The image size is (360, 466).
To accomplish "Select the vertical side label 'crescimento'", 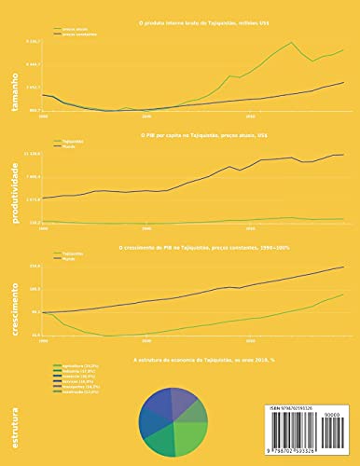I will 13,308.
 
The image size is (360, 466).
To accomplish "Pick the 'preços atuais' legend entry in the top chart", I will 75,29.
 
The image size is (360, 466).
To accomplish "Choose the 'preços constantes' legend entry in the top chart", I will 78,34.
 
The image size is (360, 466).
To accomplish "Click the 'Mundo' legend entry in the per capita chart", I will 71,146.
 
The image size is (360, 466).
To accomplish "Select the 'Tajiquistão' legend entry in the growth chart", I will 75,253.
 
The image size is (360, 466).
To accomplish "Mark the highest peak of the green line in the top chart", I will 293,42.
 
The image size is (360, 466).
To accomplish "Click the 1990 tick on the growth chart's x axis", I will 43,342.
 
